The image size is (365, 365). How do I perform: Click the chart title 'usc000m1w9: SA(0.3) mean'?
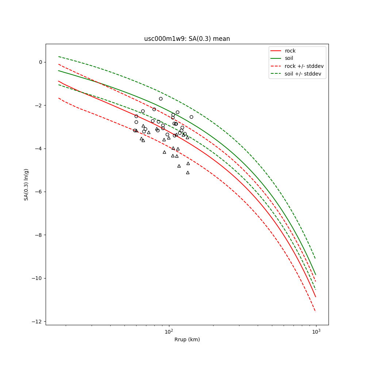tap(187, 39)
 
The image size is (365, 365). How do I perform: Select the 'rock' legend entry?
tap(290, 51)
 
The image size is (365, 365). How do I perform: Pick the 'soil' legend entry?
tap(289, 58)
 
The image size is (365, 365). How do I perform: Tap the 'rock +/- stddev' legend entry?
tap(304, 66)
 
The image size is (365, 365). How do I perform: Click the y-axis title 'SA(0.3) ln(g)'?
tap(26, 184)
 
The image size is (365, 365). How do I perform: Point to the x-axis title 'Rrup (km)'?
tap(187, 339)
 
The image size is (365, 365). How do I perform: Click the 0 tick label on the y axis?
tap(41, 62)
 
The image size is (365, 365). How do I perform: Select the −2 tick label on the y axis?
tap(39, 105)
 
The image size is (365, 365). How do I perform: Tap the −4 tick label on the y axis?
tap(39, 149)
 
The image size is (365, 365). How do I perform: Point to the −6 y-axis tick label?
tap(39, 192)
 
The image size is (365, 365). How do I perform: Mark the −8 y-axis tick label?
tap(39, 235)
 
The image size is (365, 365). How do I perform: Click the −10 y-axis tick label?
tap(38, 278)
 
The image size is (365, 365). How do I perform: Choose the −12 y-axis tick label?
tap(38, 322)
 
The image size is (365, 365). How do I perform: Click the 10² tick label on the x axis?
tap(169, 331)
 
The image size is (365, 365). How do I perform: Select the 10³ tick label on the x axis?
tap(316, 331)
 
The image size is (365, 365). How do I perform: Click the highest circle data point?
tap(161, 99)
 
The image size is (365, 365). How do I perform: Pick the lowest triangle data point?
tap(188, 172)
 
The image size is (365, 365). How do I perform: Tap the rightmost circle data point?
tap(191, 117)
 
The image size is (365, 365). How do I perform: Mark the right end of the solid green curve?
tap(316, 274)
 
